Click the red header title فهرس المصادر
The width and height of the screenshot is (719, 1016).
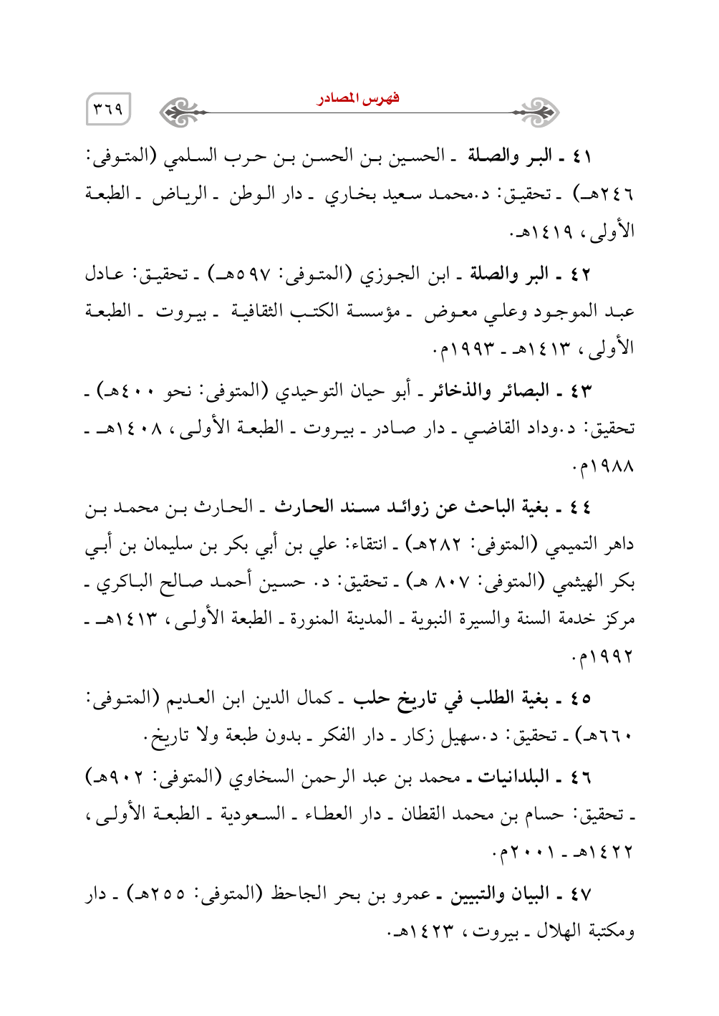point(358,98)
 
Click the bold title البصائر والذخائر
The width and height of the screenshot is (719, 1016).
point(490,391)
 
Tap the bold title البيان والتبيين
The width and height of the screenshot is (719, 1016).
point(501,895)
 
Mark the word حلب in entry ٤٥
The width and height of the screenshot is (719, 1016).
point(371,698)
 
